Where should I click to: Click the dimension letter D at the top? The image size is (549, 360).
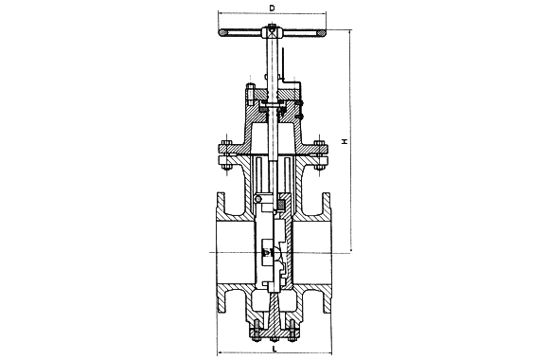pos(272,8)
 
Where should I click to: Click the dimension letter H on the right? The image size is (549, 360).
pos(345,141)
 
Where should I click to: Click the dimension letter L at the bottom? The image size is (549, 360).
pos(274,349)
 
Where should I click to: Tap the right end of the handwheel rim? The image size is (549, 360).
pos(322,33)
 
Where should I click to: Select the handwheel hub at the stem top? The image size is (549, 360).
pos(272,31)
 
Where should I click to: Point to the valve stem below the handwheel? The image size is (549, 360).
pos(272,64)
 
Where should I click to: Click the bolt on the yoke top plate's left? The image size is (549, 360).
pos(250,94)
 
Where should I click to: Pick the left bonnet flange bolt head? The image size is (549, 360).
pos(226,143)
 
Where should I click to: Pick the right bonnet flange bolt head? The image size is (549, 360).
pos(319,143)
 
